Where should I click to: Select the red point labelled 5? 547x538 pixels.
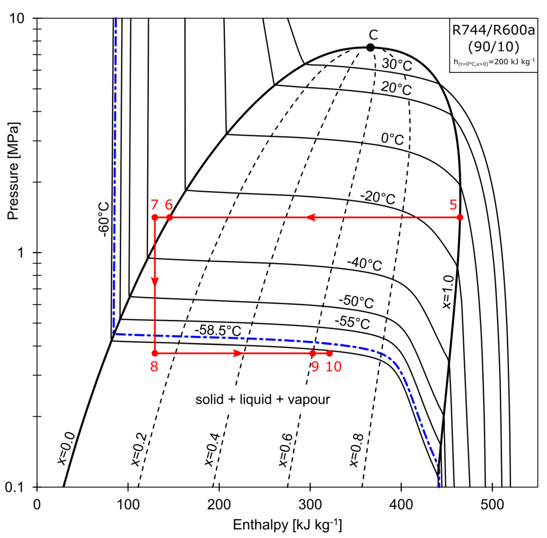(x=460, y=217)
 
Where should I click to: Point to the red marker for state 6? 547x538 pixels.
(x=169, y=217)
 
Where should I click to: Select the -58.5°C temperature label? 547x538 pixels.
(x=218, y=330)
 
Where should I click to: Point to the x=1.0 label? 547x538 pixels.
(x=447, y=293)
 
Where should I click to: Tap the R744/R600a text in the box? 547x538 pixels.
(x=493, y=30)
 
